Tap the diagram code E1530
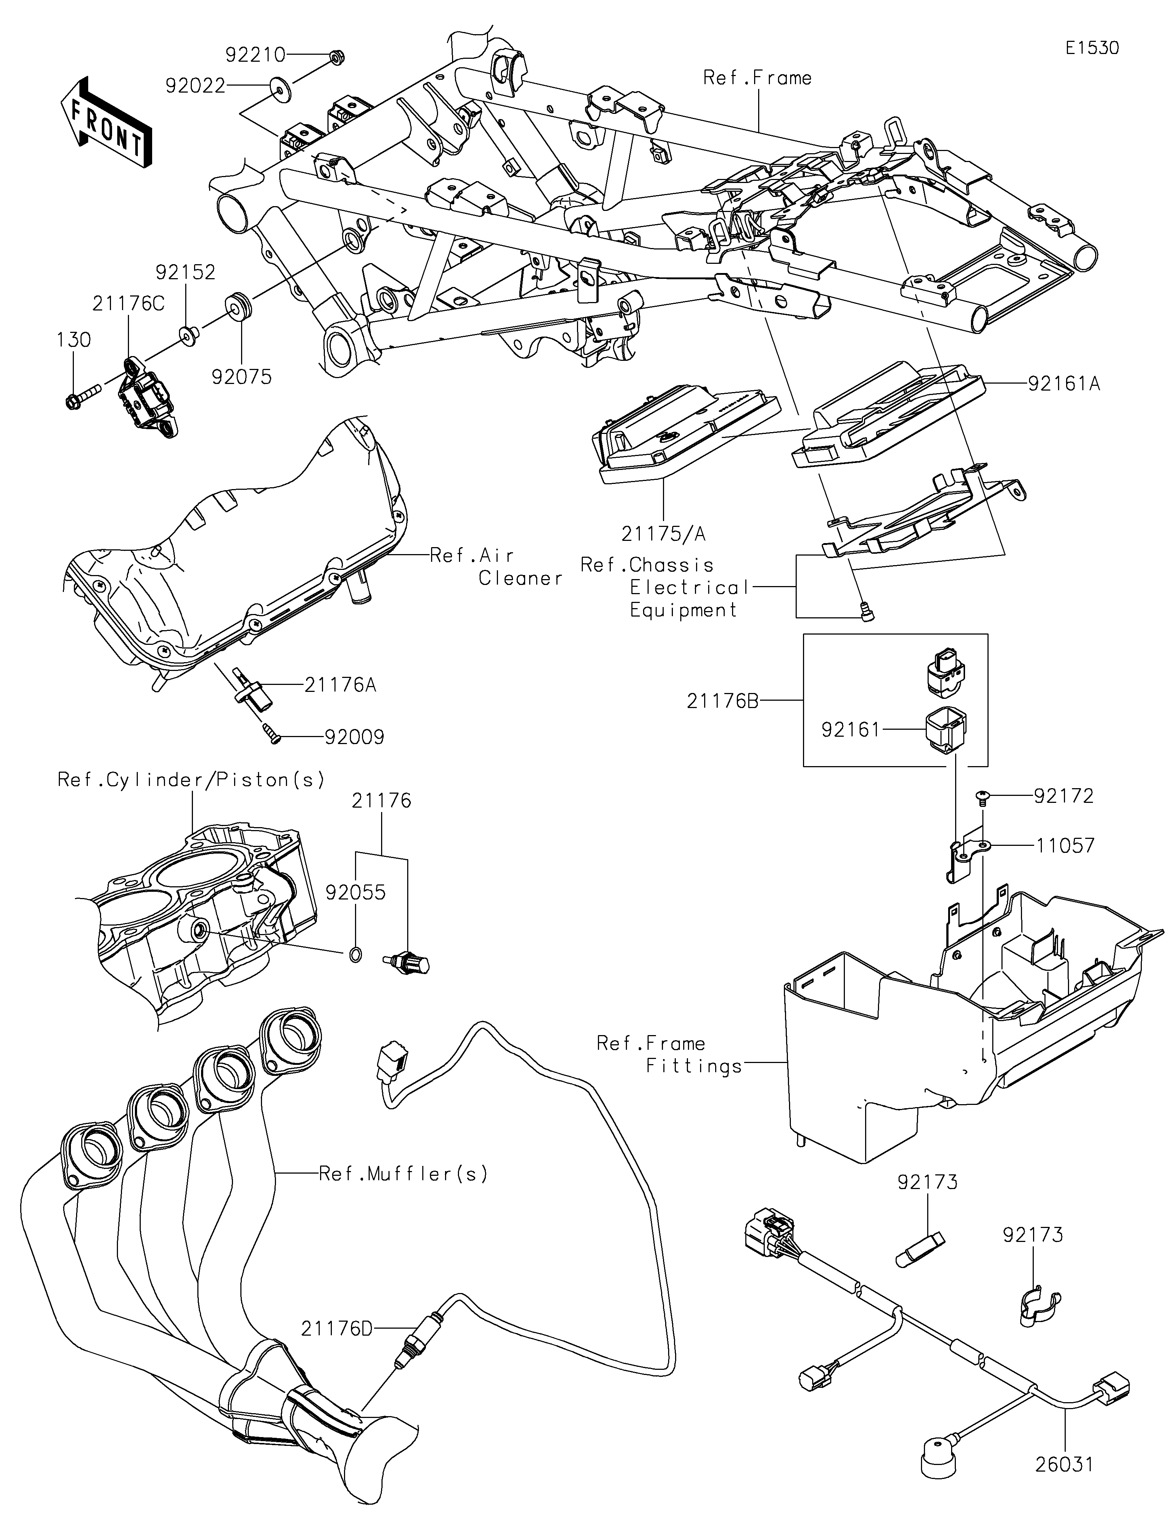click(1092, 48)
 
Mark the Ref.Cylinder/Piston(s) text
click(191, 780)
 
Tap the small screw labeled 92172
click(982, 795)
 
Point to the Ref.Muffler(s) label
click(404, 1174)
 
